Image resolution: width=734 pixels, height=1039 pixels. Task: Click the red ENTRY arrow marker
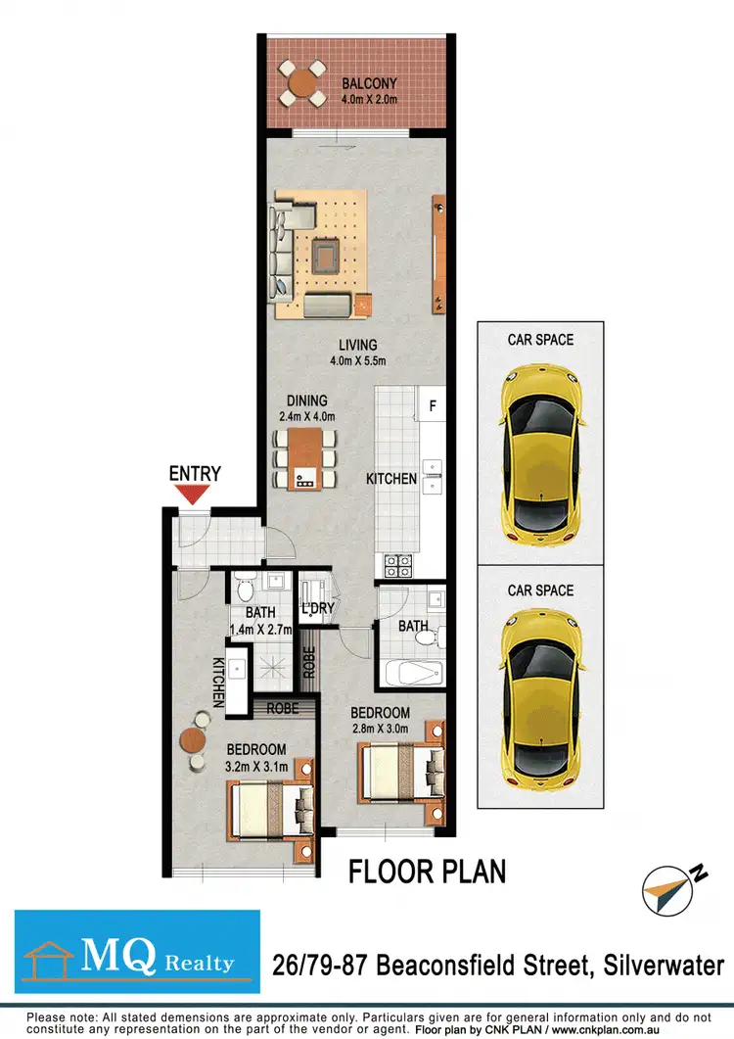click(194, 496)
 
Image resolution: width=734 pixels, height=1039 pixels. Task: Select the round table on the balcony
click(302, 83)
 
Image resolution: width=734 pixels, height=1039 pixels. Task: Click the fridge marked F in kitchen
click(432, 402)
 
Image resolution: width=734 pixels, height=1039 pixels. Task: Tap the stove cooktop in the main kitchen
click(398, 564)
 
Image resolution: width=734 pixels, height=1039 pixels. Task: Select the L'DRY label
click(318, 608)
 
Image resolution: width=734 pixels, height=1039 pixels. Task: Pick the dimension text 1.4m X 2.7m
click(261, 631)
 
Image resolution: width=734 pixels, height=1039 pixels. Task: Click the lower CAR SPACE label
click(540, 590)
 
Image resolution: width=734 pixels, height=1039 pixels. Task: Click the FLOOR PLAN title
click(428, 871)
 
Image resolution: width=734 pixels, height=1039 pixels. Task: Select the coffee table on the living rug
click(325, 257)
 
